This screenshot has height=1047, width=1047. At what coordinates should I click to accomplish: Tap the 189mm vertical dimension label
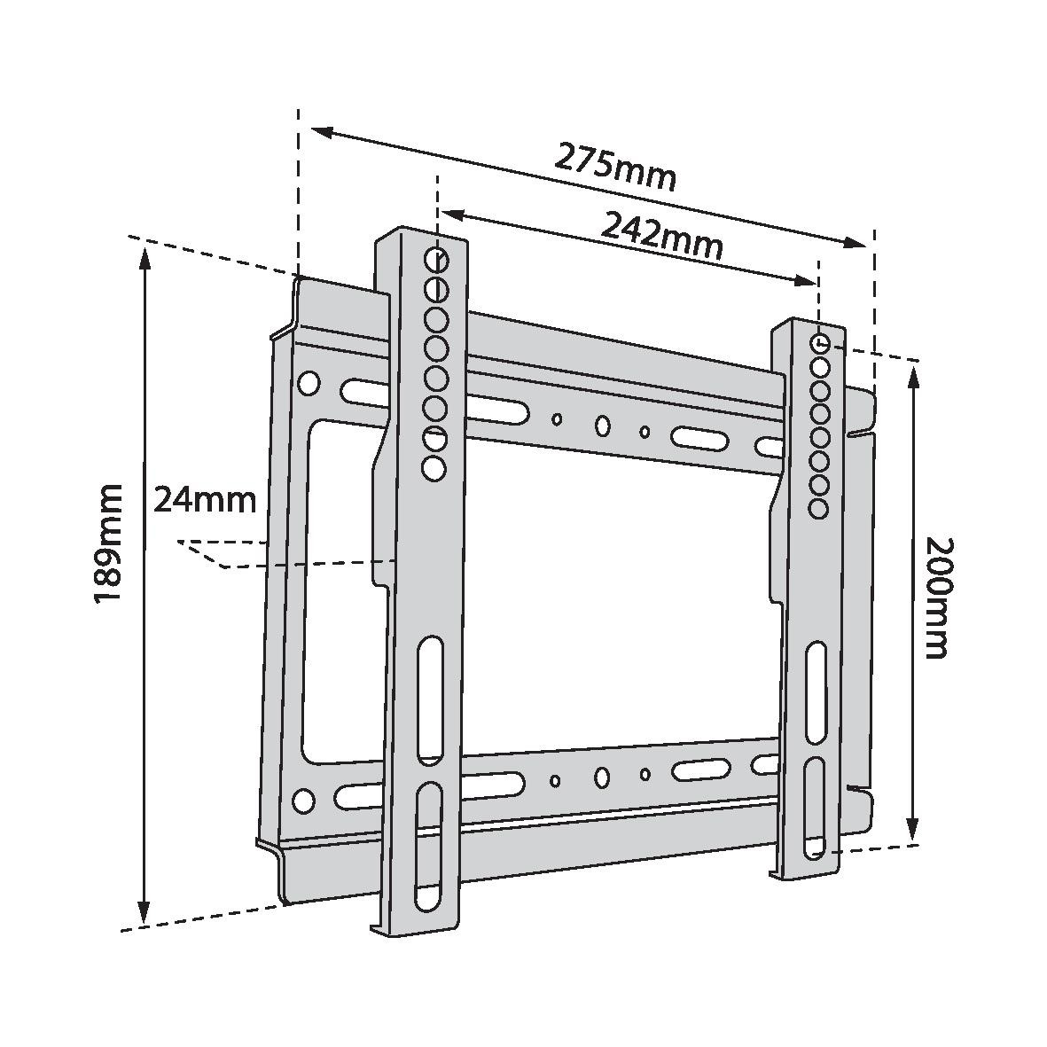[x=108, y=544]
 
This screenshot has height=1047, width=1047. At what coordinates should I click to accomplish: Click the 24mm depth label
[x=205, y=500]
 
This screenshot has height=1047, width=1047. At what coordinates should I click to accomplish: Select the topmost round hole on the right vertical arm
[x=820, y=343]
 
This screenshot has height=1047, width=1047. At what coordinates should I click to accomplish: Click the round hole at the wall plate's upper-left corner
[x=308, y=383]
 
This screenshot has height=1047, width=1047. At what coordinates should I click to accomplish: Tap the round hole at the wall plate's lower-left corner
[x=304, y=801]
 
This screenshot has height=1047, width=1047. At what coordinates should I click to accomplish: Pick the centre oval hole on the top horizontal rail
[x=602, y=426]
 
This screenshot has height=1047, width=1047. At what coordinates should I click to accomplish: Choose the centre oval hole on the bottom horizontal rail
[x=602, y=778]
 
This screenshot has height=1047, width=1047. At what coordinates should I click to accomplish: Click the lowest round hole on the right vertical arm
[x=818, y=508]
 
